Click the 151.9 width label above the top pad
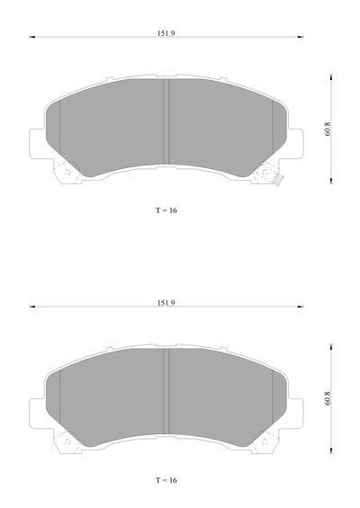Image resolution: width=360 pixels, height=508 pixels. point(166,33)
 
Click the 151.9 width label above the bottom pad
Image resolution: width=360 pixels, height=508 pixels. point(166,303)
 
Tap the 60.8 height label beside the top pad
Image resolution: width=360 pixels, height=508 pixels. point(328,129)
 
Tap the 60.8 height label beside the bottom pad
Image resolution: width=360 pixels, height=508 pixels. point(328,398)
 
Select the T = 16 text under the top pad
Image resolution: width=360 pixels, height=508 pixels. point(166,210)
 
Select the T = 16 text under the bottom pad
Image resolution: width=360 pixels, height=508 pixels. point(166,480)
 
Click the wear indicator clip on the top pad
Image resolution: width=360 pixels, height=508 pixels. point(279,180)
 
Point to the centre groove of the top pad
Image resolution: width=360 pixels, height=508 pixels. point(166,121)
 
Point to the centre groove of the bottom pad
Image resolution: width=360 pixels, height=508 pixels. point(166,391)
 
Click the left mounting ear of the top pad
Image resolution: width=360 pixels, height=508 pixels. point(37,144)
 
